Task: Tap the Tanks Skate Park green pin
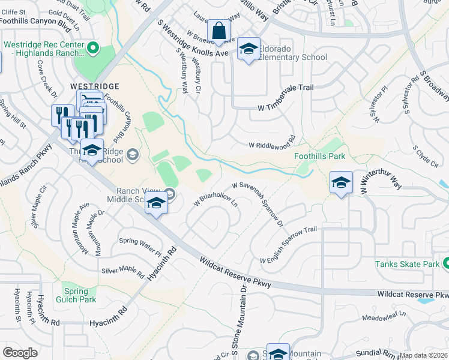tap(445, 263)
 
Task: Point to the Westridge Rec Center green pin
tap(92, 47)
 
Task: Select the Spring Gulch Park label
tap(76, 296)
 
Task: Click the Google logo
tap(20, 352)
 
